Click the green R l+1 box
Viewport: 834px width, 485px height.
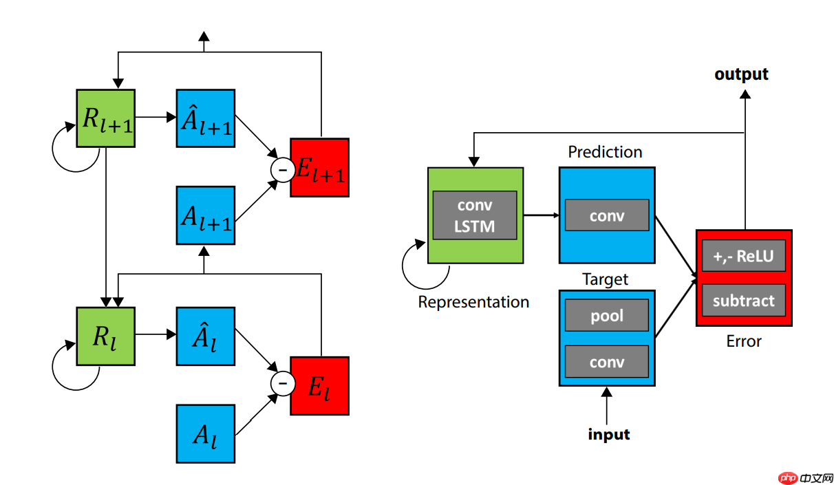click(x=105, y=118)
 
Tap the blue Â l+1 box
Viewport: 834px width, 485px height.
click(x=206, y=118)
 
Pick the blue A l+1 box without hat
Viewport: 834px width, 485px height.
click(x=206, y=215)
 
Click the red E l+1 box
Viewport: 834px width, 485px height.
click(x=320, y=167)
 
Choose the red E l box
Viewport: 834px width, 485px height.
click(x=320, y=385)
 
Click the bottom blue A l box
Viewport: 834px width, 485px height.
click(x=206, y=433)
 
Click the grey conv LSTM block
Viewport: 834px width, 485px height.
click(x=475, y=215)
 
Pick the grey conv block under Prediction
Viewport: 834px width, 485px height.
click(x=607, y=215)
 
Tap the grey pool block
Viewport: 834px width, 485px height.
click(x=607, y=315)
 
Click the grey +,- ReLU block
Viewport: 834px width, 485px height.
click(x=744, y=257)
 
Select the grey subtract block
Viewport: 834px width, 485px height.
click(x=744, y=300)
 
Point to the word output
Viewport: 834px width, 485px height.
click(x=741, y=74)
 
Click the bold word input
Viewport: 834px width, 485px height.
click(x=609, y=434)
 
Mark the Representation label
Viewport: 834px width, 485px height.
click(x=474, y=302)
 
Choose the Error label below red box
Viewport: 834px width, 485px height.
click(x=744, y=341)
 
